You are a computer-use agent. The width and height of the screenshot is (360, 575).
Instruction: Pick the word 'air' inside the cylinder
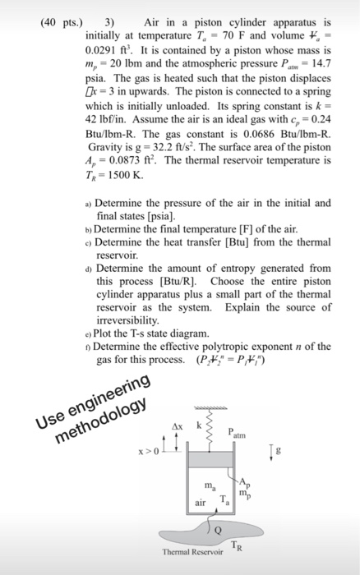(200, 501)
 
